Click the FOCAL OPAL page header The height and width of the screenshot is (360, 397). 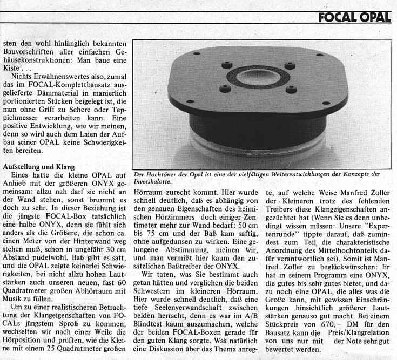click(x=354, y=17)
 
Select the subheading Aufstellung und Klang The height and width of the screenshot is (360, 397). click(x=38, y=167)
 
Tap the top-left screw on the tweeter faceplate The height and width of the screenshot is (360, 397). click(x=225, y=65)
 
